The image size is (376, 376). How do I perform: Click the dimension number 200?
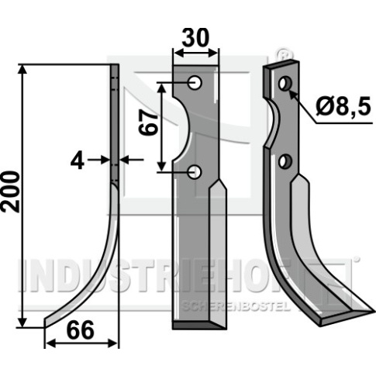pos(11,191)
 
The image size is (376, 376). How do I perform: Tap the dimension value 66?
pos(81,330)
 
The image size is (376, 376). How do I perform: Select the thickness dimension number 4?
pos(78,160)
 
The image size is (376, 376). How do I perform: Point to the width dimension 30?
pos(195,38)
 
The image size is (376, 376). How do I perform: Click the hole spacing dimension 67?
pos(148,122)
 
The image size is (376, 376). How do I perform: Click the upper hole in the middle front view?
pos(195,83)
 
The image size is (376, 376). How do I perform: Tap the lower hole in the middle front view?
pos(195,172)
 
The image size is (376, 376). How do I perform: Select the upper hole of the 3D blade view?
pos(285,83)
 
